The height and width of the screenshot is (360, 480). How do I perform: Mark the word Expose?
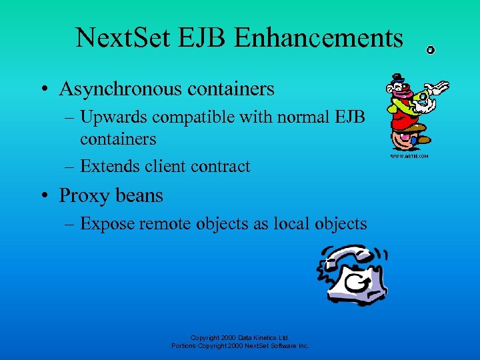click(x=108, y=223)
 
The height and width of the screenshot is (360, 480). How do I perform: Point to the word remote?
click(x=167, y=223)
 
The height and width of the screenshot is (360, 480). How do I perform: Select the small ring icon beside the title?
click(x=431, y=50)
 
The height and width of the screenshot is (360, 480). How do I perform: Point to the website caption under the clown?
click(x=409, y=157)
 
